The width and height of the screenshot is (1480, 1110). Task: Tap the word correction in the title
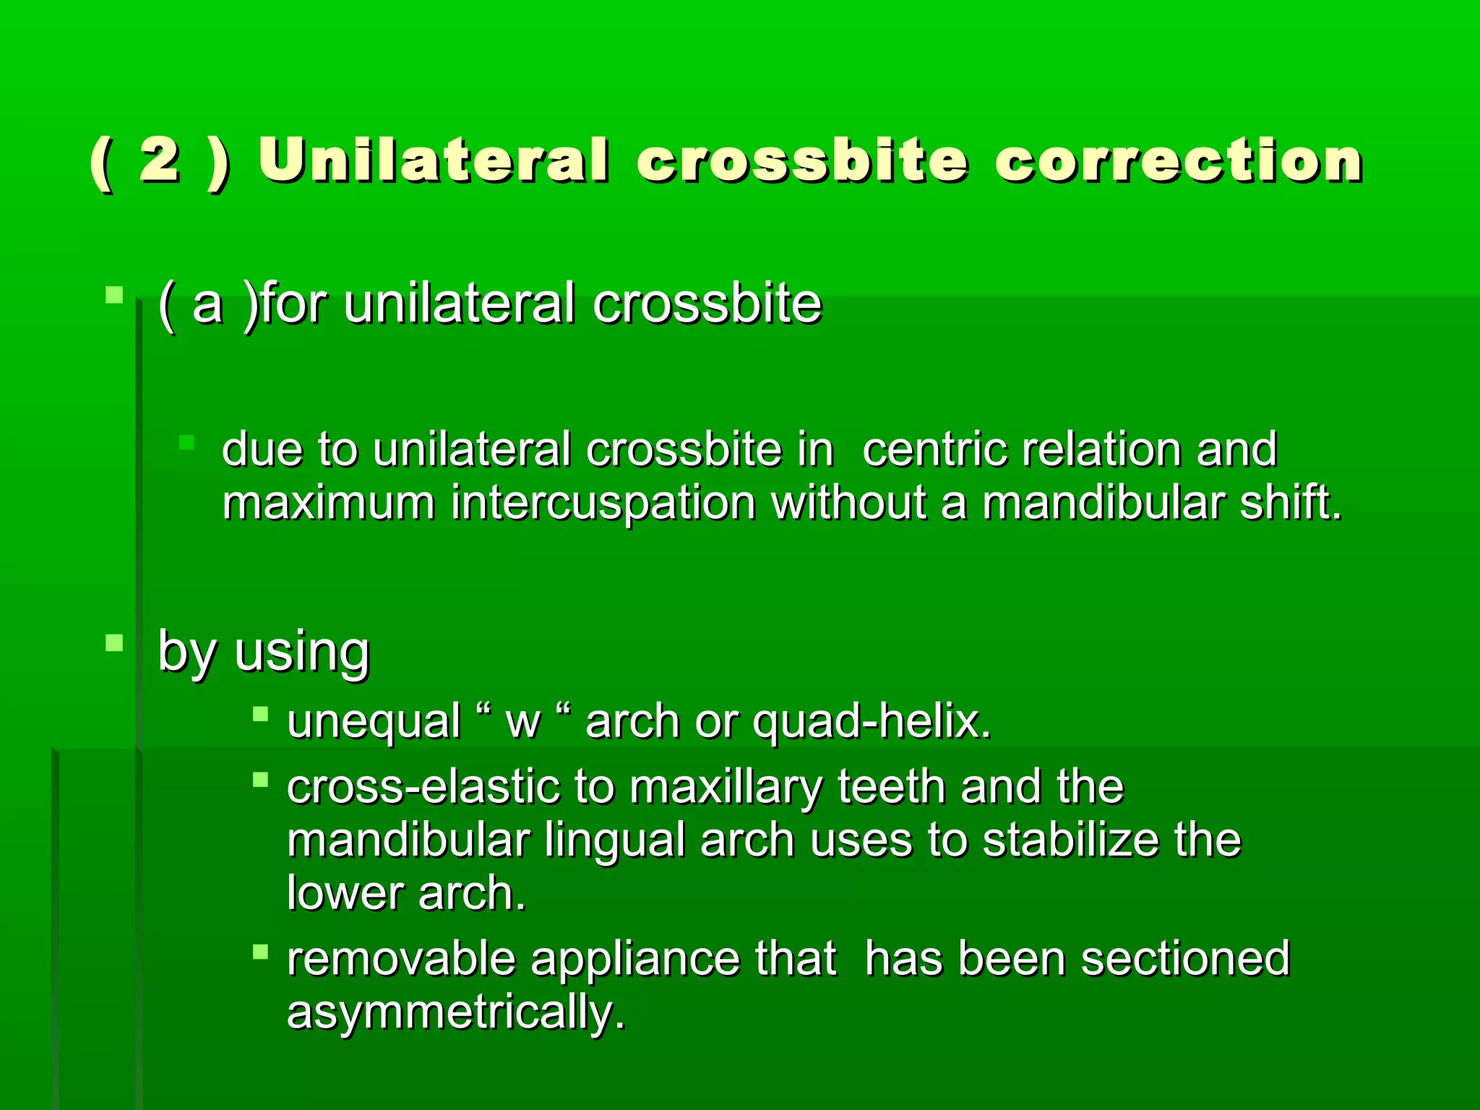coord(1178,160)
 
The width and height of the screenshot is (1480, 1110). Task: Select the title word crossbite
coord(802,160)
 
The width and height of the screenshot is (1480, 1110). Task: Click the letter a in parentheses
coord(207,304)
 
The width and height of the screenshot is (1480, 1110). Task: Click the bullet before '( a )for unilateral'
coord(114,295)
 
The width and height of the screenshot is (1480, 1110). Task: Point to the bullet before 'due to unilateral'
coord(186,442)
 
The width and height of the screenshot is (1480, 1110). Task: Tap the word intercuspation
coord(603,503)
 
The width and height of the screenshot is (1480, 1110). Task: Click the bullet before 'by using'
coord(114,642)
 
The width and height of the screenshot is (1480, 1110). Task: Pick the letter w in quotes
coord(523,722)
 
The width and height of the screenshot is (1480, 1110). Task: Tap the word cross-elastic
coord(423,787)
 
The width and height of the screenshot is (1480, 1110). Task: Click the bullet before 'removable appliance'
coord(261,952)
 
